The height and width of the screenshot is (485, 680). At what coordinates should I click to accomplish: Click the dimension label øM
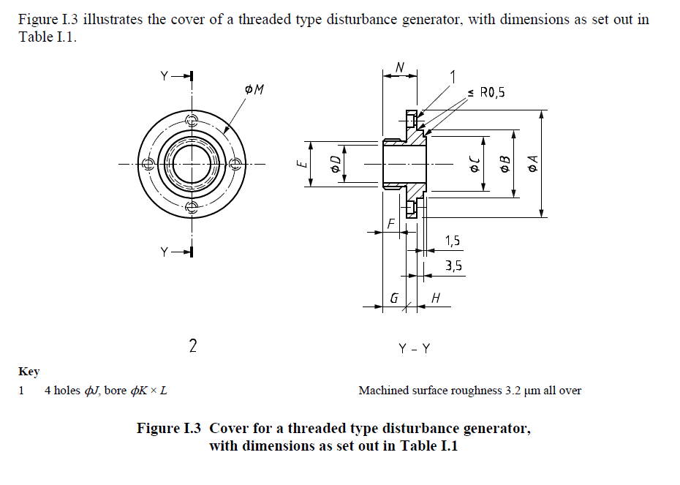tap(254, 89)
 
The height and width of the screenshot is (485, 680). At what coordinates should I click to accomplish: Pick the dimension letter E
tap(300, 165)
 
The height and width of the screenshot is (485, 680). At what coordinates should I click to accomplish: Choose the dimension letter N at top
tap(399, 67)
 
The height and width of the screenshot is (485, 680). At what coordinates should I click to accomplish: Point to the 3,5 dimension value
tap(453, 266)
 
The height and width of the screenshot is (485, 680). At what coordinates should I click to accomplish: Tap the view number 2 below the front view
tap(192, 346)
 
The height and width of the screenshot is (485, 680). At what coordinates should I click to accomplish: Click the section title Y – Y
tap(414, 349)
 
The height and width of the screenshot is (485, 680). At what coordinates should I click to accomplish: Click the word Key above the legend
tap(29, 372)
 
